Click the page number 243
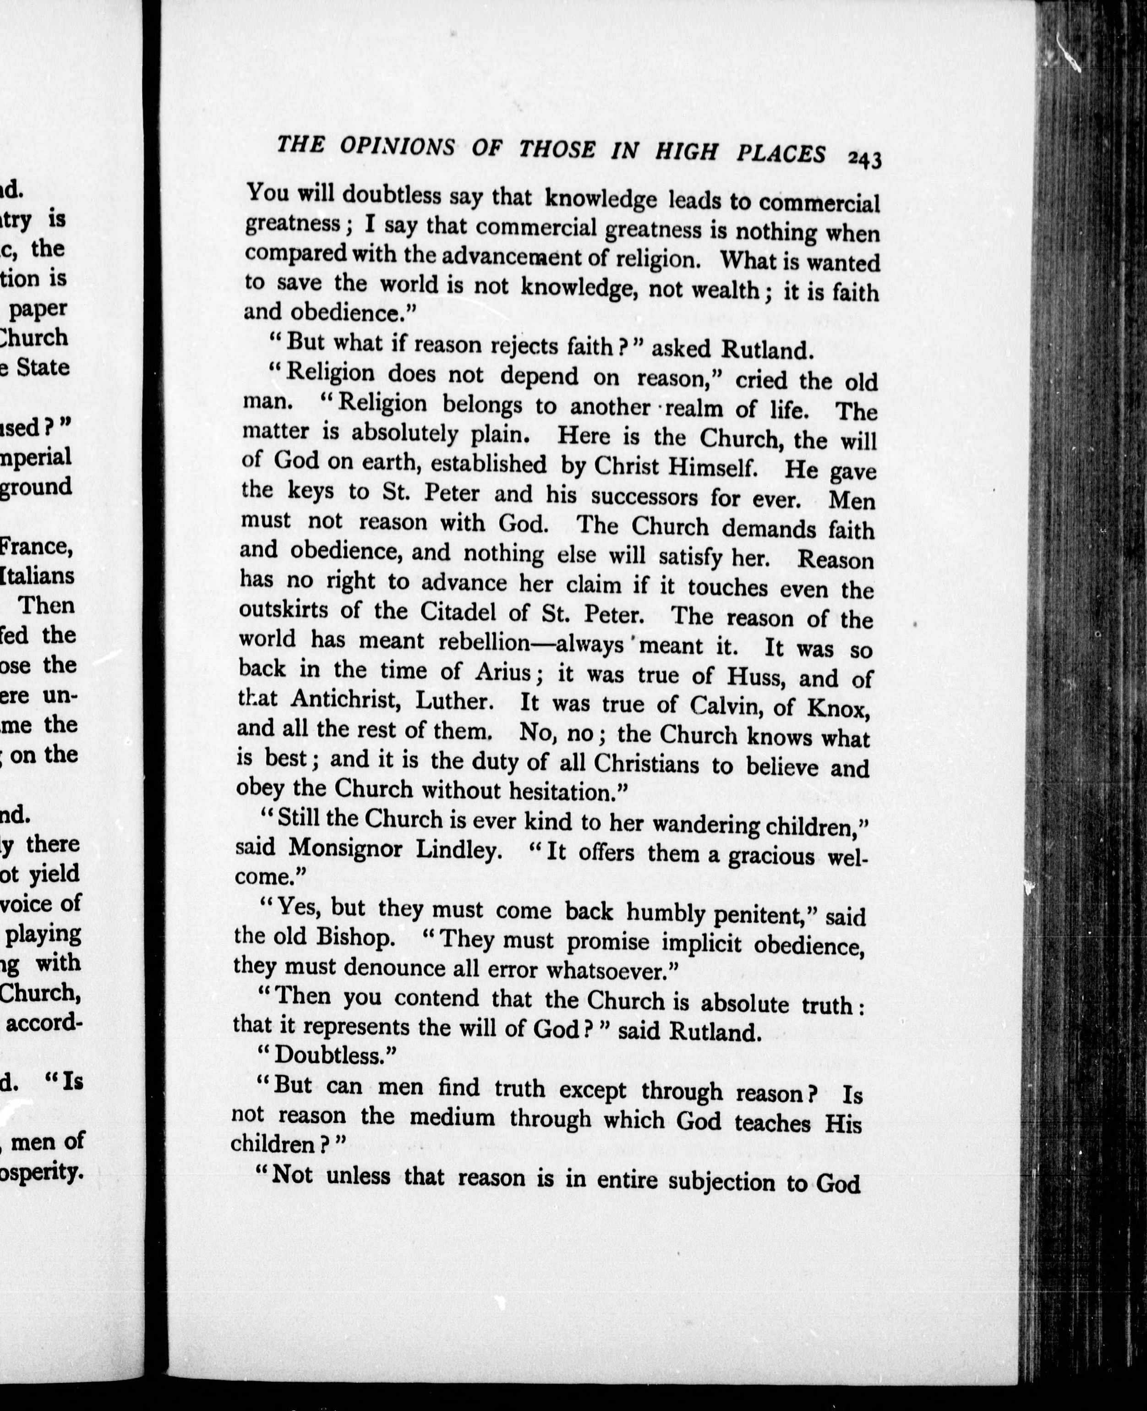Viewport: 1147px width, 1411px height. pyautogui.click(x=864, y=159)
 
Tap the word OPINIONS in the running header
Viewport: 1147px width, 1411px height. pyautogui.click(x=397, y=147)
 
